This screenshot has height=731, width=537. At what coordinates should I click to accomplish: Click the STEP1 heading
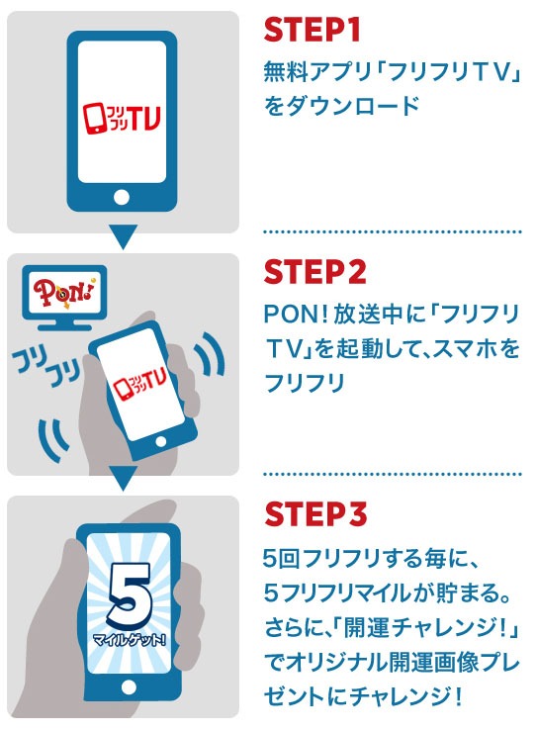point(312,31)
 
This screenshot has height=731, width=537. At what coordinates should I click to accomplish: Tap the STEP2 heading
point(315,272)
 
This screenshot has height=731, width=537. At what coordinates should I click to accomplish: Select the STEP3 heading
point(315,514)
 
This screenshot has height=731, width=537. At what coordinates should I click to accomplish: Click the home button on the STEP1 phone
point(122,197)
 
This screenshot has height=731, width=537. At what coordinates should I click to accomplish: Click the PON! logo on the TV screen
point(64,293)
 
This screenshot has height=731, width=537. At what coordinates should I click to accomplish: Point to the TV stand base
point(64,326)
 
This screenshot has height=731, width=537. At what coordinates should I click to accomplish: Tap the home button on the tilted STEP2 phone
point(161,441)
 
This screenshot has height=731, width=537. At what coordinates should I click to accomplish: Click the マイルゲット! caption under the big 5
point(130,639)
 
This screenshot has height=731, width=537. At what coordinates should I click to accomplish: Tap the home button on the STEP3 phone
point(129,686)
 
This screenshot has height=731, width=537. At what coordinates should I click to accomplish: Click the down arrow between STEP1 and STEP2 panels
point(123,236)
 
